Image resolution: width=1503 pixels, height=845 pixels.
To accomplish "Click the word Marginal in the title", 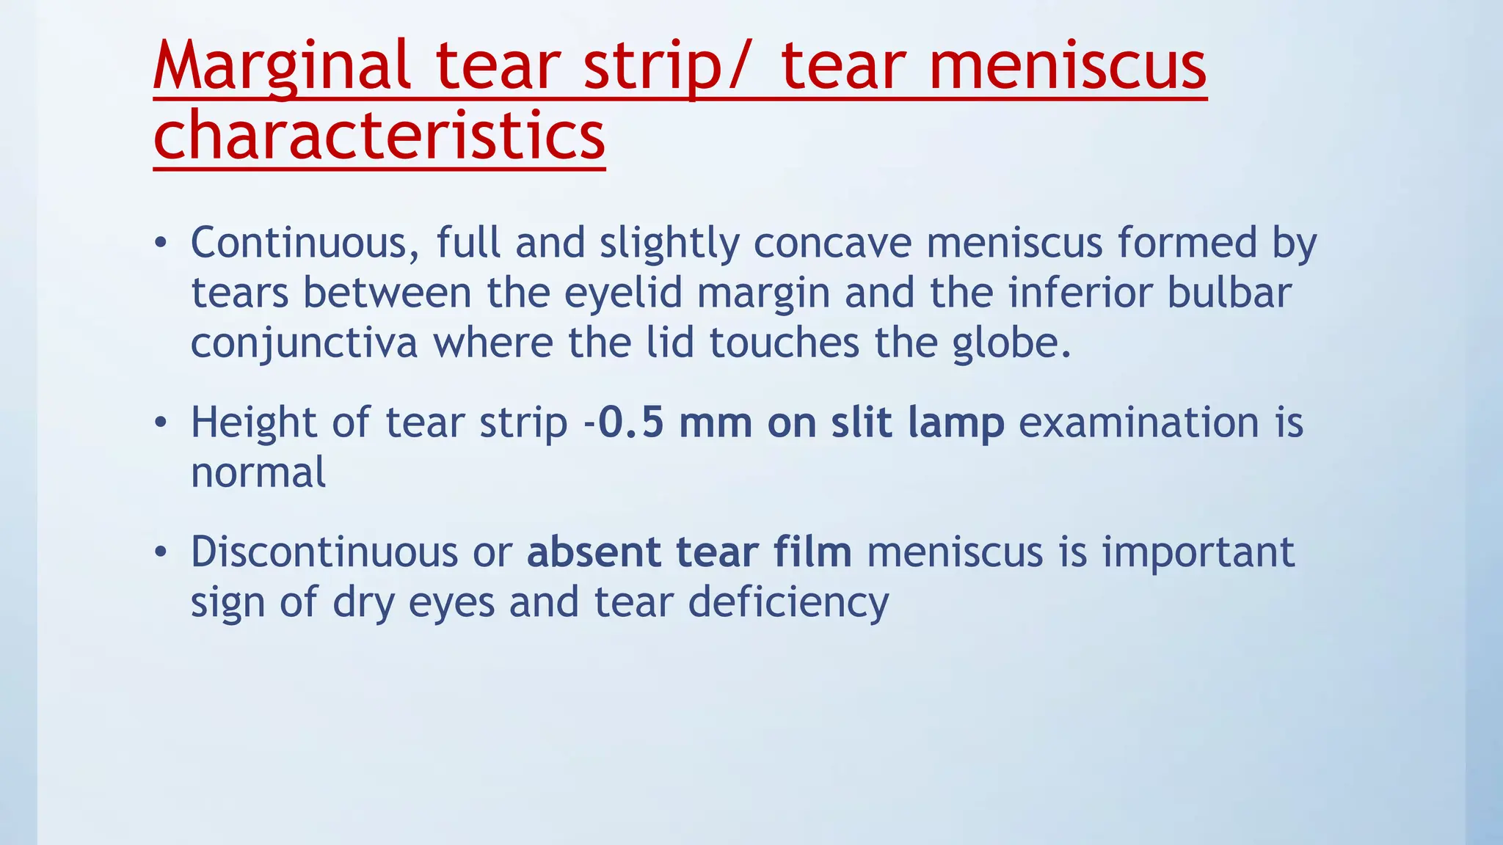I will pyautogui.click(x=282, y=67).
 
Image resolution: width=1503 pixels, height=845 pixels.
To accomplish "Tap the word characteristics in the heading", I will pyautogui.click(x=379, y=136).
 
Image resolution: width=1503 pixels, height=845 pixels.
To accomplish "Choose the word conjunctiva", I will pyautogui.click(x=304, y=343).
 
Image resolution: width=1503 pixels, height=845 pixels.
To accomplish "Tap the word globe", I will pyautogui.click(x=1012, y=343).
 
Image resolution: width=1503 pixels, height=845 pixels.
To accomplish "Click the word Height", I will pyautogui.click(x=254, y=423).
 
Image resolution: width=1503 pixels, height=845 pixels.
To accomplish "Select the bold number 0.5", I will pyautogui.click(x=631, y=423).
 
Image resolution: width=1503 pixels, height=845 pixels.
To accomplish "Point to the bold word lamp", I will pyautogui.click(x=956, y=423).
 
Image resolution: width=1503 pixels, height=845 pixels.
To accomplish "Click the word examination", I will pyautogui.click(x=1139, y=423).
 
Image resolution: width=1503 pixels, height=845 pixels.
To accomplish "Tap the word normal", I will pyautogui.click(x=258, y=472).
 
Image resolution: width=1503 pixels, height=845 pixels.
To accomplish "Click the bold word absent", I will pyautogui.click(x=593, y=552).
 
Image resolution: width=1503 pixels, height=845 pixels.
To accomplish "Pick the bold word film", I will pyautogui.click(x=812, y=552).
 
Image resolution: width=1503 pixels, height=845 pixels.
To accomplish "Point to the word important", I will pyautogui.click(x=1198, y=552).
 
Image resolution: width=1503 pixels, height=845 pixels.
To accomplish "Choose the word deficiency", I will pyautogui.click(x=788, y=603).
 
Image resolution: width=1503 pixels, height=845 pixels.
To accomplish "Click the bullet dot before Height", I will pyautogui.click(x=161, y=423).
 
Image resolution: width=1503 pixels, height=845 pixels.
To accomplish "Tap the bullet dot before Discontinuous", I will pyautogui.click(x=161, y=552).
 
